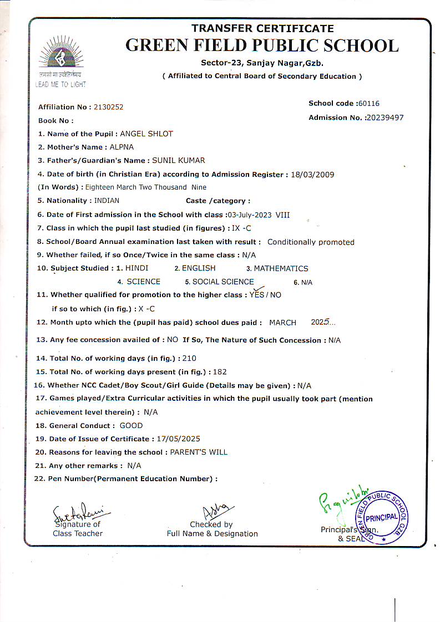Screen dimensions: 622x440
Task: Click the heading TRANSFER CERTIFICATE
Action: coord(262,28)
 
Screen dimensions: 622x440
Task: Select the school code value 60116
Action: coord(369,103)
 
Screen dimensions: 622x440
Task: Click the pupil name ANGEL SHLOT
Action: coord(146,134)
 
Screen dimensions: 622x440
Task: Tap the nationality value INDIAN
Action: coord(107,201)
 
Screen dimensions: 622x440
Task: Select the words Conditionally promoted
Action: coord(311,242)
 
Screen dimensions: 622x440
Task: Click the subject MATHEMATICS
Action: coord(281,268)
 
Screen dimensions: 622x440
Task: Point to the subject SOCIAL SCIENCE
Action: coord(223,282)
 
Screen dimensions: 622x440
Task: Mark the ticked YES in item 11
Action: coord(257,294)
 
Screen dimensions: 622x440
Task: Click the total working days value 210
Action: coord(189,358)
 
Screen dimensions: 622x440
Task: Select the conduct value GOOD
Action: coord(131,426)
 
